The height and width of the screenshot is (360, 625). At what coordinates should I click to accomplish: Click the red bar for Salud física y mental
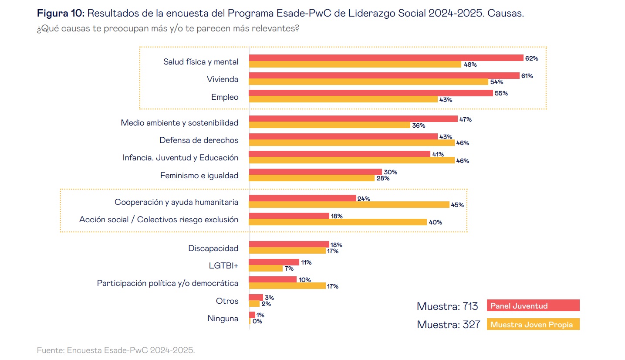(x=386, y=58)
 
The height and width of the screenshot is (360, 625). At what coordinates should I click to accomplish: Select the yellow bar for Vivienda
(x=368, y=82)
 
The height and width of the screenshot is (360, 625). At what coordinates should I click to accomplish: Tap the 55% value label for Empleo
(x=501, y=93)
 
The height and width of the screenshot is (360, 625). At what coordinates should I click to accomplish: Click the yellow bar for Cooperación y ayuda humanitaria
(x=349, y=204)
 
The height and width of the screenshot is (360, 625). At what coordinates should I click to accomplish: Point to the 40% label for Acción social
(x=435, y=222)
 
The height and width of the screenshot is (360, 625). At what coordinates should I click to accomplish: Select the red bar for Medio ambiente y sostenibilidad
(x=353, y=119)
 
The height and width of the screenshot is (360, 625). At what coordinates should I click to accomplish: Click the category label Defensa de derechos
(x=199, y=140)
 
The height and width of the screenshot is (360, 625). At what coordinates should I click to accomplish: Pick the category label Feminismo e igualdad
(x=199, y=176)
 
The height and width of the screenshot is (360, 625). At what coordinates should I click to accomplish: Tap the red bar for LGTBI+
(x=274, y=262)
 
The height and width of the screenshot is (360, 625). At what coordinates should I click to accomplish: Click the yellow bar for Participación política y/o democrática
(x=287, y=286)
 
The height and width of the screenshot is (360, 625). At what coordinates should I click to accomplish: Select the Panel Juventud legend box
(x=533, y=306)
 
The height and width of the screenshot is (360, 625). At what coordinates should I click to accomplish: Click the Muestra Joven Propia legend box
(x=533, y=325)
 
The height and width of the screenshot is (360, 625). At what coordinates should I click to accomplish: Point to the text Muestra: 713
(x=447, y=306)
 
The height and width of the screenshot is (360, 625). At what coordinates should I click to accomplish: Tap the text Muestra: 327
(x=448, y=325)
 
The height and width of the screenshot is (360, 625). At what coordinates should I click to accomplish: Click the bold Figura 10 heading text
(x=61, y=14)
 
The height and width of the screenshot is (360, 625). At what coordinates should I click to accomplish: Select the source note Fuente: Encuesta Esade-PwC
(x=116, y=350)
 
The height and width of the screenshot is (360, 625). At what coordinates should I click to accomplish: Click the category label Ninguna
(x=223, y=319)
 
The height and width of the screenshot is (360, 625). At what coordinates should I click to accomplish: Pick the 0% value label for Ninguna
(x=257, y=321)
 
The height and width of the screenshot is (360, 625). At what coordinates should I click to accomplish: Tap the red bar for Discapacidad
(x=289, y=244)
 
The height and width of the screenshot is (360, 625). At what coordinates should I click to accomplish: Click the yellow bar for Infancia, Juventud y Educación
(x=351, y=160)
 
